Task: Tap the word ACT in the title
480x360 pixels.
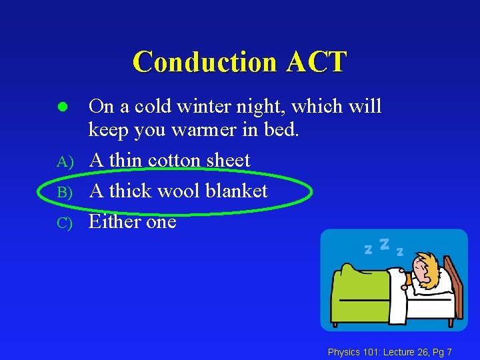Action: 317,62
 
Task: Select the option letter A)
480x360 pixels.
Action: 64,161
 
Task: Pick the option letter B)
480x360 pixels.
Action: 64,192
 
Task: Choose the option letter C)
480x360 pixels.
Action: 64,223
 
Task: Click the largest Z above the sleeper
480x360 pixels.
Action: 384,245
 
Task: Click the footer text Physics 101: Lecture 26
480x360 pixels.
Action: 377,351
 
